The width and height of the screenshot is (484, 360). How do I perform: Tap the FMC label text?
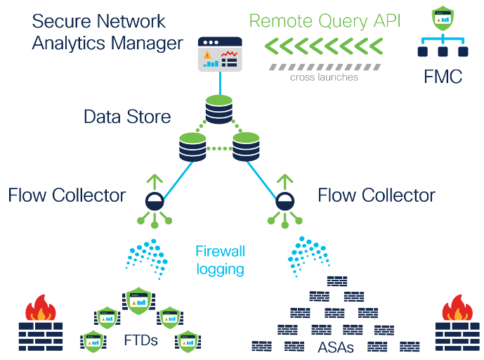tap(443, 76)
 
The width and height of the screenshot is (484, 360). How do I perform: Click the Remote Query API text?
tap(325, 20)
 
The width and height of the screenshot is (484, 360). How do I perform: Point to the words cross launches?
tap(324, 77)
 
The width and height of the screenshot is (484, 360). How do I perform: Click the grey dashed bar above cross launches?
tap(324, 66)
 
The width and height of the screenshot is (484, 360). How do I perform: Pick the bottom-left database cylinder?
tap(192, 147)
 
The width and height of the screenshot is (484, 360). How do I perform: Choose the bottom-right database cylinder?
tap(246, 147)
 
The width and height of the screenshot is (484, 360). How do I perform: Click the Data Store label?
tap(127, 116)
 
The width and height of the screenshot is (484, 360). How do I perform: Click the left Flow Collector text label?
tap(67, 195)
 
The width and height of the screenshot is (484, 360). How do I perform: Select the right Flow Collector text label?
tap(377, 195)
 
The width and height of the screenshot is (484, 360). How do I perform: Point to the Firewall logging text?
tap(220, 259)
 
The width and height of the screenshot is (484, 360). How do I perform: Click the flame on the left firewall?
tap(40, 307)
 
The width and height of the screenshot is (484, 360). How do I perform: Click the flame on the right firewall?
tap(457, 307)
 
